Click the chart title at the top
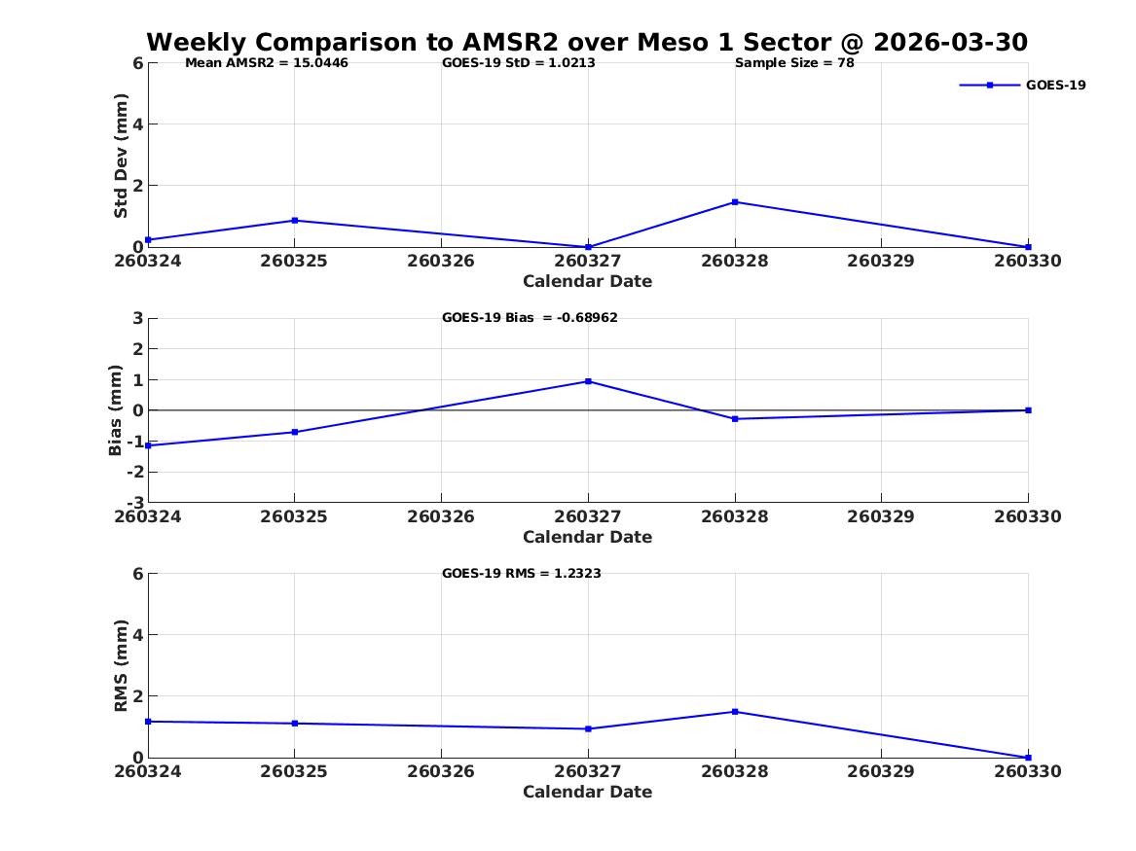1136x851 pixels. (587, 42)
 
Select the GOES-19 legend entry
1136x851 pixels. (1022, 85)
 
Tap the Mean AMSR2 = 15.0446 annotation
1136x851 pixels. (267, 63)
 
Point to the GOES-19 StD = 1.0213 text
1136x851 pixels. (519, 63)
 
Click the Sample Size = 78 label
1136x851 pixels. (794, 63)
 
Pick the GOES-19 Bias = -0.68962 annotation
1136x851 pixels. (530, 318)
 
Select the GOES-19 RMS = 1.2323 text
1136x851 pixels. (522, 573)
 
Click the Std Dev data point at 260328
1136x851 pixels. (735, 202)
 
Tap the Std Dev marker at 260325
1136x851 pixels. (295, 220)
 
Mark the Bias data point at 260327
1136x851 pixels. (588, 381)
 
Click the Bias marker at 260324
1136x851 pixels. (148, 445)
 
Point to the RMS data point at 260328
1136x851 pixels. (735, 712)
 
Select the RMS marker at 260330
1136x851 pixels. (1028, 758)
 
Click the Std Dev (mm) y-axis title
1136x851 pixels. (121, 156)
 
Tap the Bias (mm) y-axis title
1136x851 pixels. (115, 410)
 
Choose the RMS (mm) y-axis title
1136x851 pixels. (121, 666)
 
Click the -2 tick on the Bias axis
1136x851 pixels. (135, 472)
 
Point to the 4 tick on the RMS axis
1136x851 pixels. (138, 635)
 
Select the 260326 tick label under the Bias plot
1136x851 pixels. (441, 516)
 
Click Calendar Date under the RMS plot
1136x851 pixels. (588, 792)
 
